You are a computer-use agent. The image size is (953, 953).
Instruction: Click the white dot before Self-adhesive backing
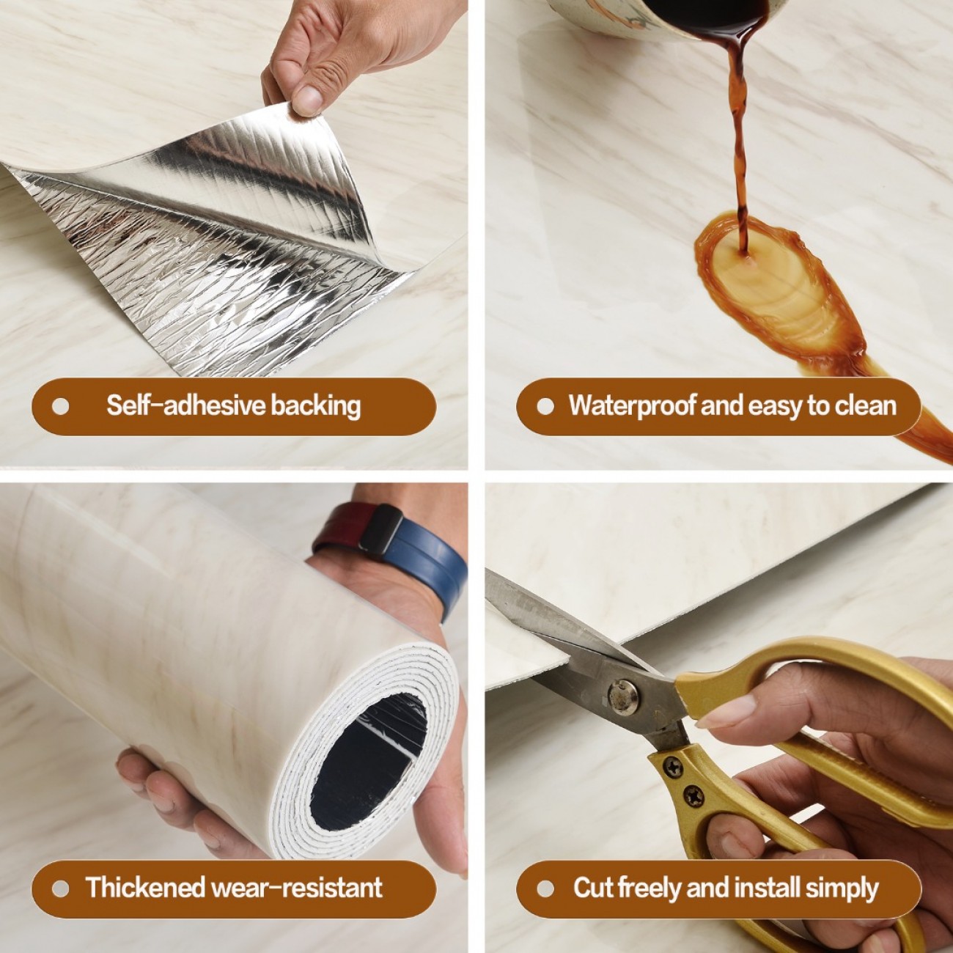pyautogui.click(x=60, y=407)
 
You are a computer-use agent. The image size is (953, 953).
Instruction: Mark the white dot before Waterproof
pyautogui.click(x=545, y=407)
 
